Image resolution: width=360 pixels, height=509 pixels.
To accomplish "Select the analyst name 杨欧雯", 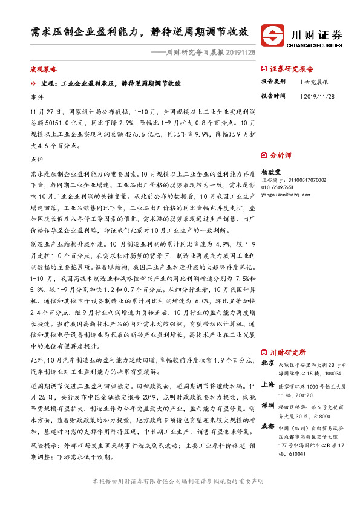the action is coord(272,172).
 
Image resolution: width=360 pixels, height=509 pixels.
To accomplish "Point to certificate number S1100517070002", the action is coord(304,180).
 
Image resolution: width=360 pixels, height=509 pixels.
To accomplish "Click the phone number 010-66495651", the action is coord(281,187).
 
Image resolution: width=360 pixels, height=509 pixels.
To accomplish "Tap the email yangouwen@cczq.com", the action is coord(289,195).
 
